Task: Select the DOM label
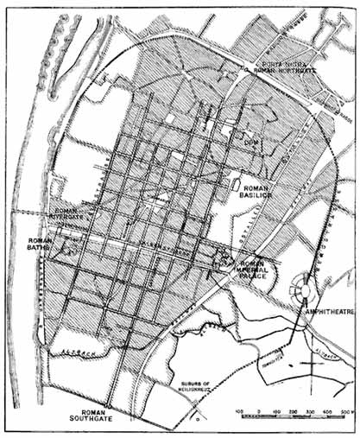[251, 140]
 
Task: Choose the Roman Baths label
[38, 247]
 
